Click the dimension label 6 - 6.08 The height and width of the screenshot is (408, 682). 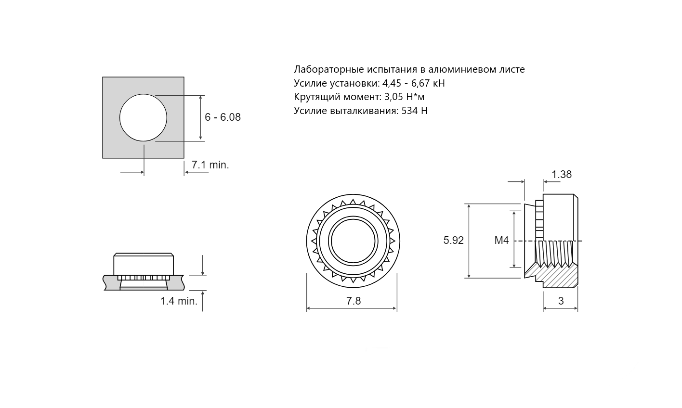[x=223, y=117]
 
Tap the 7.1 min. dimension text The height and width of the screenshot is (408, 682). [x=210, y=165]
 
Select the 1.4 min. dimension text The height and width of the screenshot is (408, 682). [x=179, y=301]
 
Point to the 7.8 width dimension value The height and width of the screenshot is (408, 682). [x=353, y=301]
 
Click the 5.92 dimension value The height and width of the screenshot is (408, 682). [x=453, y=241]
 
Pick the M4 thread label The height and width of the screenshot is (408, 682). [x=501, y=241]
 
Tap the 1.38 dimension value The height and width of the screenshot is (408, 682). [x=562, y=174]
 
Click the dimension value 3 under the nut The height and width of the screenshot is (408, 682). [x=561, y=301]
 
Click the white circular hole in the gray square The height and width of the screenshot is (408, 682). [x=143, y=117]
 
